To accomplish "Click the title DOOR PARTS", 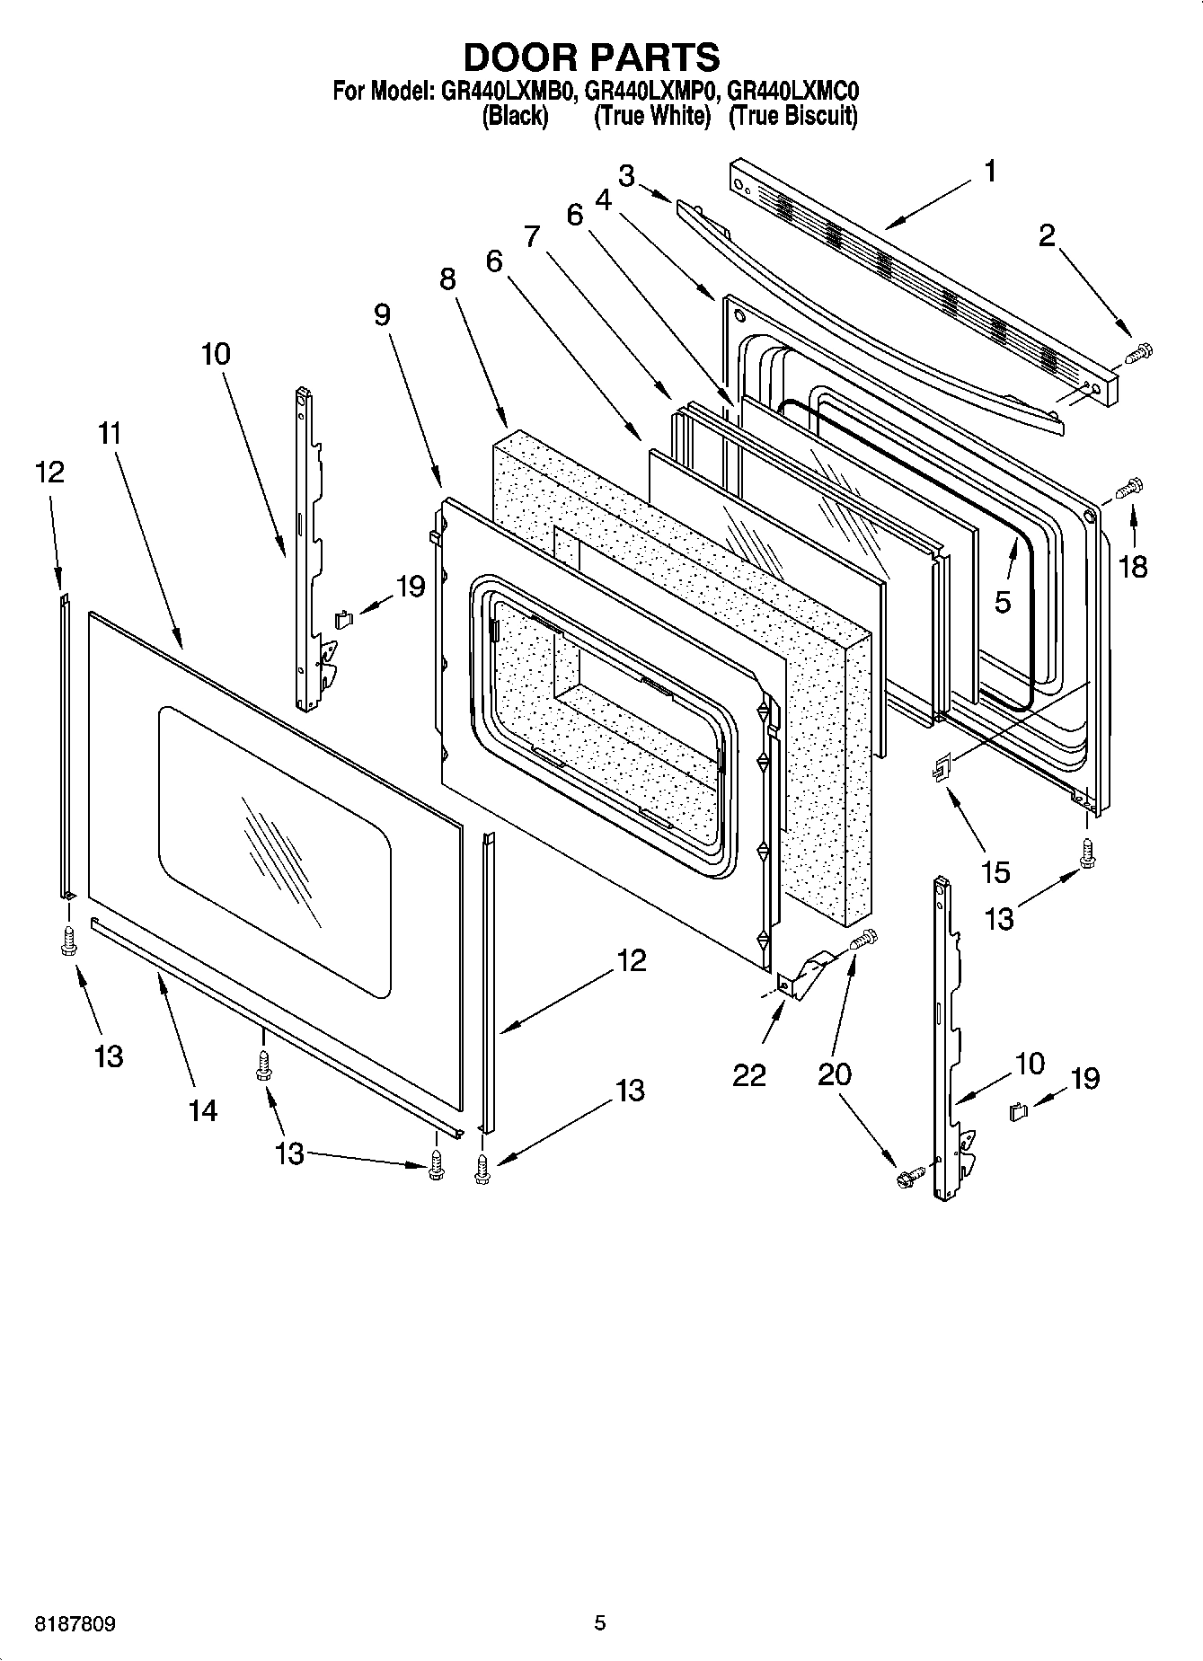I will [x=591, y=57].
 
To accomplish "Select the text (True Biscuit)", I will [x=792, y=115].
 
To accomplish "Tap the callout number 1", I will [x=989, y=171].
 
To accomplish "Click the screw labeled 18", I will [x=1127, y=489].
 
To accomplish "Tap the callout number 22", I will [x=748, y=1073].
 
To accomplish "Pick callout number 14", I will [x=203, y=1110].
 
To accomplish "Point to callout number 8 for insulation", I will [x=447, y=279].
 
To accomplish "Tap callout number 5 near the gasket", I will [x=1003, y=602].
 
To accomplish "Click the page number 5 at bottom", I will [x=599, y=1622].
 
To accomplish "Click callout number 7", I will [x=533, y=236].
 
